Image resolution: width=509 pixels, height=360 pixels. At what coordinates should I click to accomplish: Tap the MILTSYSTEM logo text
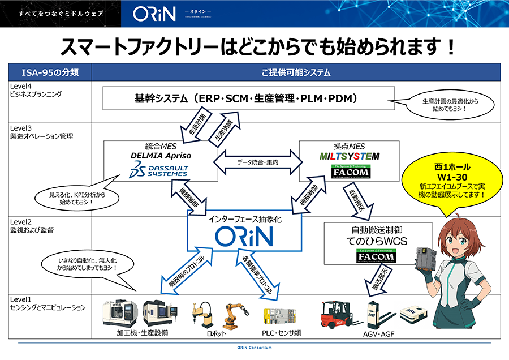(348, 156)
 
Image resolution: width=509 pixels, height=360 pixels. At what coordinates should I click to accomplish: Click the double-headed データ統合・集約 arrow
(258, 161)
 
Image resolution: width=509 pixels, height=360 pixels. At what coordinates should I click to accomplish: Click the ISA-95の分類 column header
(50, 72)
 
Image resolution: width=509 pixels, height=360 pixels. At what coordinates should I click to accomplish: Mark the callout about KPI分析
(77, 198)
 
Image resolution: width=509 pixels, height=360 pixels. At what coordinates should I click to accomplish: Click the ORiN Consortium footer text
(255, 346)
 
